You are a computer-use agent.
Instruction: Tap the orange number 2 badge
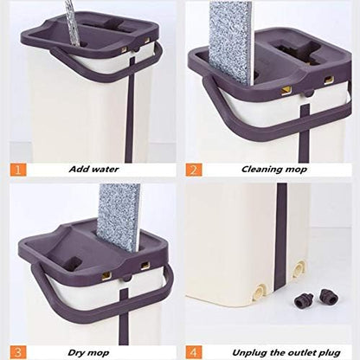195,170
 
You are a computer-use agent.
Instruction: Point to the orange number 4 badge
195,350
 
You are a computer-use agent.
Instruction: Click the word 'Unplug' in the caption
231,350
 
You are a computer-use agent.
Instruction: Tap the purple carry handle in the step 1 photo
78,74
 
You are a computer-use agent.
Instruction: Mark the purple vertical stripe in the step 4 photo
282,260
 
